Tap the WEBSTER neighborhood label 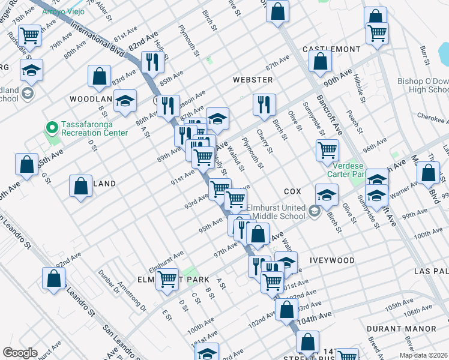[253, 80]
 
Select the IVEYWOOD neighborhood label [332, 260]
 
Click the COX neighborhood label [292, 191]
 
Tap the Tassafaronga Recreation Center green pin [52, 128]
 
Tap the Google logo [20, 353]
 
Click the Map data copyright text [423, 355]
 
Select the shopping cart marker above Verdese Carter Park [328, 149]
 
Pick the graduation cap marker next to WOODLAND [125, 100]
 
